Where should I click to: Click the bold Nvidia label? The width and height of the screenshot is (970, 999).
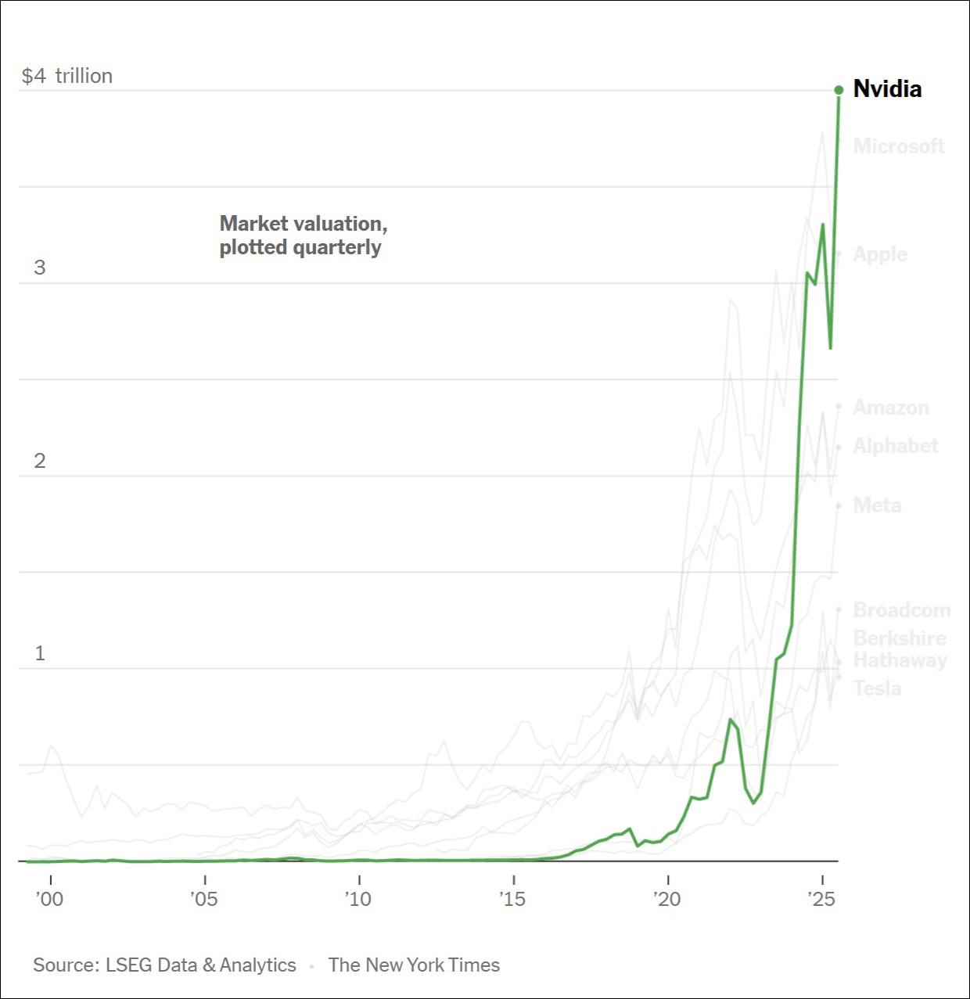tap(887, 89)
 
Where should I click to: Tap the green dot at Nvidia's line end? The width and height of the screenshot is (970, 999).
tap(839, 90)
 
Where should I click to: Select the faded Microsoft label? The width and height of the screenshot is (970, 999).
tap(899, 146)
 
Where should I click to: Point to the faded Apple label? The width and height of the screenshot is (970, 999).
tap(880, 254)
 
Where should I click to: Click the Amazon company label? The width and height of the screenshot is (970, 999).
tap(891, 408)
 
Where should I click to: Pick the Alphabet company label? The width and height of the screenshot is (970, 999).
tap(896, 446)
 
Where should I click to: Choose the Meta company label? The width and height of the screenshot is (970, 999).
tap(877, 505)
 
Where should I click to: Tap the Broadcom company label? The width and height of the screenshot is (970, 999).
tap(901, 610)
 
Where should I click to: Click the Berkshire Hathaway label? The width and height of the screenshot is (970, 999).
tap(900, 649)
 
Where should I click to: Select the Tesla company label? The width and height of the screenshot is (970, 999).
tap(877, 688)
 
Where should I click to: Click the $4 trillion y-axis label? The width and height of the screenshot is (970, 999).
tap(67, 76)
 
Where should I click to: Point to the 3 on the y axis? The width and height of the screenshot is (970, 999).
tap(40, 268)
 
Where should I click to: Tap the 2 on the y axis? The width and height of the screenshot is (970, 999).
tap(40, 461)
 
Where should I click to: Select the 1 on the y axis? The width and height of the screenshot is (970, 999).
tap(40, 653)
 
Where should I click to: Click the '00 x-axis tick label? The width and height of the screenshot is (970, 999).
tap(50, 899)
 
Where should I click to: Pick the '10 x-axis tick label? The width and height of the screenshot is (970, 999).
tap(358, 899)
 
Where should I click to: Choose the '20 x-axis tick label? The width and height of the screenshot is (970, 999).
tap(667, 899)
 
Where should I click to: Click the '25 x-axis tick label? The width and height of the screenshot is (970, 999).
tap(821, 899)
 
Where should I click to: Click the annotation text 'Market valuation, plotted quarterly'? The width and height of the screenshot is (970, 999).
tap(304, 235)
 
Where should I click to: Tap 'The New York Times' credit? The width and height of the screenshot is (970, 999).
tap(414, 965)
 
